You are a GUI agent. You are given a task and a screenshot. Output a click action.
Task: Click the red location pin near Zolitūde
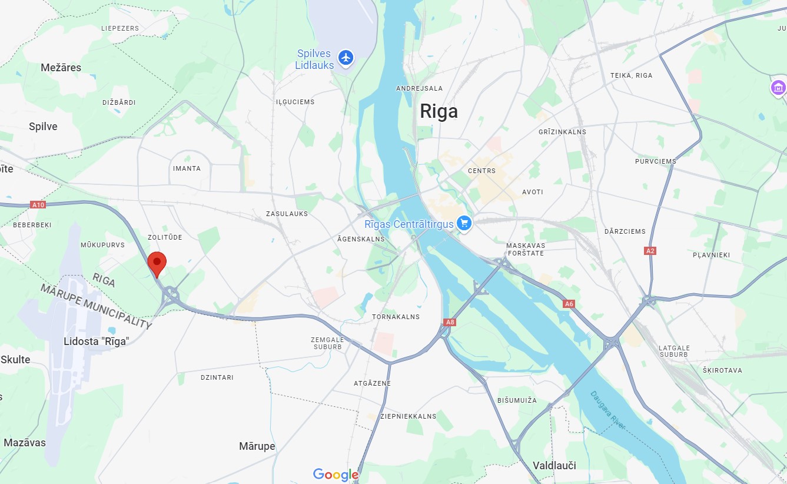click(157, 263)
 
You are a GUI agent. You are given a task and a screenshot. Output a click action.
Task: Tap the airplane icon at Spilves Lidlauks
click(346, 57)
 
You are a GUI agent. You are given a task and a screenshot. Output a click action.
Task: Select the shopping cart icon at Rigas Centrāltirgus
click(464, 223)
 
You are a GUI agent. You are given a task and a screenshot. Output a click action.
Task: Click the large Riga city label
click(439, 111)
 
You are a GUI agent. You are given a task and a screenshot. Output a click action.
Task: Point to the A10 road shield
click(38, 205)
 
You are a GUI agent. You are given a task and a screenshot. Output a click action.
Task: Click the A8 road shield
click(450, 322)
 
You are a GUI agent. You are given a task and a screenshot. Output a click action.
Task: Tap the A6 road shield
click(568, 304)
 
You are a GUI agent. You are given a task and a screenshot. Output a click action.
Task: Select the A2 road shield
click(650, 251)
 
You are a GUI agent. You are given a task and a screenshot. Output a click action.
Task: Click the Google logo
click(336, 475)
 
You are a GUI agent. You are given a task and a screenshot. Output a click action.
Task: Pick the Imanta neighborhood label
click(187, 168)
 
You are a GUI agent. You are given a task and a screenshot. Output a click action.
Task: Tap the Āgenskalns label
click(361, 239)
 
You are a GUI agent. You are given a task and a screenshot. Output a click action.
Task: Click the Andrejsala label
click(419, 88)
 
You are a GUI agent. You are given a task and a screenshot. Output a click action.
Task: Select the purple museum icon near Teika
click(778, 88)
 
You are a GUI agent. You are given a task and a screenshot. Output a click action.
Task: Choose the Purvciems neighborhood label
click(655, 161)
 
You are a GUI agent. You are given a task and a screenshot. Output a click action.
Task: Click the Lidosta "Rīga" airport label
click(96, 341)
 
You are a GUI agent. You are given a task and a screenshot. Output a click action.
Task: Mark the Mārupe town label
click(257, 446)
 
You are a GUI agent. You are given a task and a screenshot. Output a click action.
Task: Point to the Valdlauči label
click(554, 465)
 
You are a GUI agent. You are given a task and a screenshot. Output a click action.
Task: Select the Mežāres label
click(61, 68)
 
